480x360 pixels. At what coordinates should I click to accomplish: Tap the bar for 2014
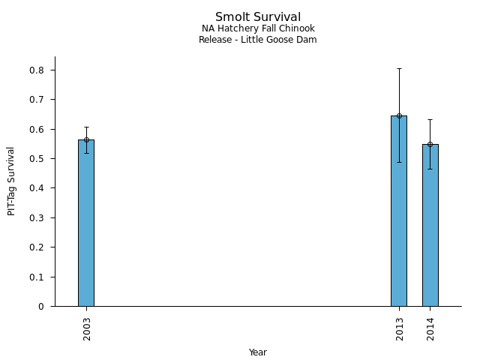click(x=430, y=225)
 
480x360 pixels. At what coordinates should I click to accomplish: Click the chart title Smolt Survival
click(x=258, y=17)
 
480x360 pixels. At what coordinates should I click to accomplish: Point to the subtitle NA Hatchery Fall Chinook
click(x=258, y=29)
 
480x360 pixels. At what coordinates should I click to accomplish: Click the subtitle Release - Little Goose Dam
click(x=258, y=40)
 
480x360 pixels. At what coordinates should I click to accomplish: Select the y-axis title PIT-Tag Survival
click(x=11, y=181)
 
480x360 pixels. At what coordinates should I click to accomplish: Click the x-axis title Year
click(x=258, y=352)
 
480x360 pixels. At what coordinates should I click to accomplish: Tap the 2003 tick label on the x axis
click(x=87, y=328)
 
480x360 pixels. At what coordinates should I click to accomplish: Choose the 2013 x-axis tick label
click(x=400, y=328)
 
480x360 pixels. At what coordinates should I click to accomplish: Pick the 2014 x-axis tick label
click(x=430, y=328)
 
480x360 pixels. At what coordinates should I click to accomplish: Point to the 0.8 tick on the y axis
click(x=37, y=70)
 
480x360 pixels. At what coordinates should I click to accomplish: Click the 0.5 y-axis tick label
click(x=37, y=159)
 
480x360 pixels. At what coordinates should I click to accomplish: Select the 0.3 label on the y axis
click(x=37, y=218)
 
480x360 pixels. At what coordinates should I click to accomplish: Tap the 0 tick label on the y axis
click(x=42, y=307)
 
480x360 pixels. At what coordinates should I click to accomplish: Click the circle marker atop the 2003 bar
click(x=86, y=139)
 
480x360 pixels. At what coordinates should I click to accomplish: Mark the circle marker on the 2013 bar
click(x=399, y=115)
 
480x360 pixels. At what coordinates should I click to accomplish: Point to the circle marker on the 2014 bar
click(x=430, y=144)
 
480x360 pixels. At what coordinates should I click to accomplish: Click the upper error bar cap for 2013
click(x=399, y=68)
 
